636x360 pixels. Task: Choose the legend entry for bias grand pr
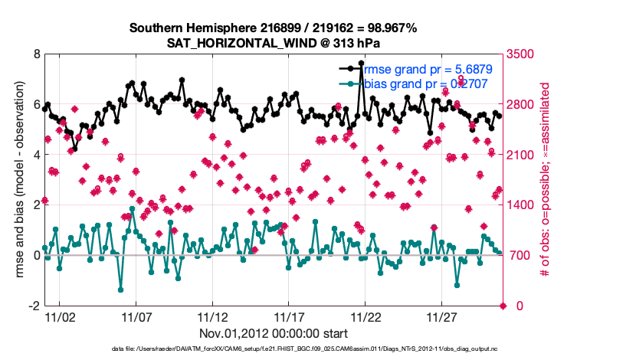(418, 83)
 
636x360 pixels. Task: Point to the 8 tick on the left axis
(36, 54)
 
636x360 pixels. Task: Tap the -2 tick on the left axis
(34, 306)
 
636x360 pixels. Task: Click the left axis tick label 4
(36, 155)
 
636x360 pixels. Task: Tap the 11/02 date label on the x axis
(60, 317)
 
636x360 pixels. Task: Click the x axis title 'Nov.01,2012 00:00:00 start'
(274, 333)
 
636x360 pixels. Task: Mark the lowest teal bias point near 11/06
(120, 290)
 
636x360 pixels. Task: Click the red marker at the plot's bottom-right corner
(503, 306)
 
